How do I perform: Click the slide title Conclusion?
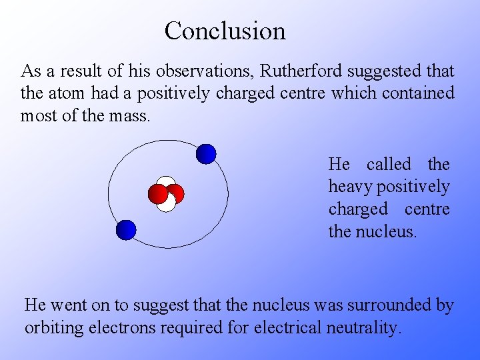pyautogui.click(x=225, y=31)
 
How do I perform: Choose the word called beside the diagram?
pyautogui.click(x=389, y=164)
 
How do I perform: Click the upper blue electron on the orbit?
pyautogui.click(x=206, y=154)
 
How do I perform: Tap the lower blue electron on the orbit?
pyautogui.click(x=125, y=230)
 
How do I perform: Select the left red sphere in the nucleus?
pyautogui.click(x=158, y=193)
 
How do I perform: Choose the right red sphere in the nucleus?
pyautogui.click(x=176, y=193)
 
